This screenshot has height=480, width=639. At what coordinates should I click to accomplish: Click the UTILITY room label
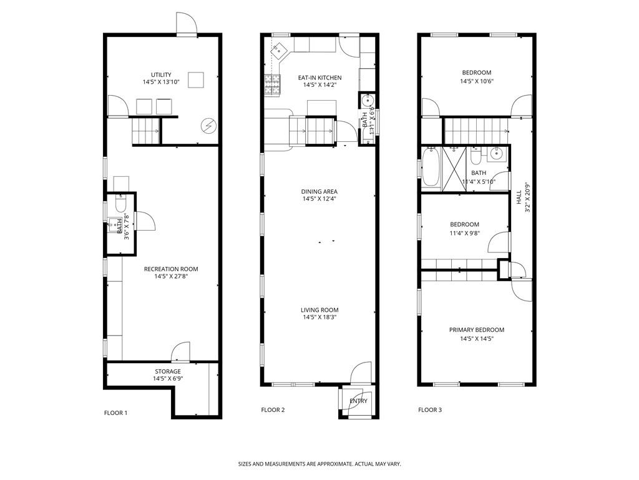[161, 75]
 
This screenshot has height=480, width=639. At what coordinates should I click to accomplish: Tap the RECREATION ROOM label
[171, 269]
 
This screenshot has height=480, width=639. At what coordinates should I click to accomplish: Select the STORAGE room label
[167, 371]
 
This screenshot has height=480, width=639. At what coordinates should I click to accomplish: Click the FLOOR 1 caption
[115, 412]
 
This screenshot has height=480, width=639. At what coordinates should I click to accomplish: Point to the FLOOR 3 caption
[430, 410]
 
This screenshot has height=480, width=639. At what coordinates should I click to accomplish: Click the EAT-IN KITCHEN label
[319, 77]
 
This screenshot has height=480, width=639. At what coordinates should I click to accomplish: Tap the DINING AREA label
[319, 191]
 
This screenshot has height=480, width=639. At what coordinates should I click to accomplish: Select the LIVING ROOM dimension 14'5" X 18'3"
[319, 317]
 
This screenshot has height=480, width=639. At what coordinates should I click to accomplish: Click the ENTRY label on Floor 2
[358, 401]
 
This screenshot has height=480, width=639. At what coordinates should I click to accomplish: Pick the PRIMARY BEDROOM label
[476, 330]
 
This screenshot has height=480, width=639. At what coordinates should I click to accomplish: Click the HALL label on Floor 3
[519, 197]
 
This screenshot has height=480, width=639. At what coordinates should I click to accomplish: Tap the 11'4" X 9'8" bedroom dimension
[464, 233]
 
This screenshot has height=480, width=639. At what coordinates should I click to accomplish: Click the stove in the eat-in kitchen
[272, 85]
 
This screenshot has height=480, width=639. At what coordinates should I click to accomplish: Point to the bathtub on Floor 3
[431, 167]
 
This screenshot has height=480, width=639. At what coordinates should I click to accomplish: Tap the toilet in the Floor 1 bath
[120, 203]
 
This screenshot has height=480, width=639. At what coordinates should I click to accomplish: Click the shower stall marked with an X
[454, 168]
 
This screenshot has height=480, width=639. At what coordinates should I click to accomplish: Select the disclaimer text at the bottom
[319, 464]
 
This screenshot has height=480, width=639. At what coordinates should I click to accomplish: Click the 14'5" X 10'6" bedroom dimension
[476, 81]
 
